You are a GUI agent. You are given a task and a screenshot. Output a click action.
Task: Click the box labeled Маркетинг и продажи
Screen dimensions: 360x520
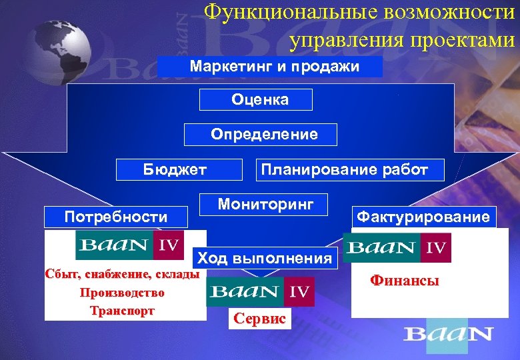click(271, 67)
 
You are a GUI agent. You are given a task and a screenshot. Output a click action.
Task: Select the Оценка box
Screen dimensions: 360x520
click(257, 100)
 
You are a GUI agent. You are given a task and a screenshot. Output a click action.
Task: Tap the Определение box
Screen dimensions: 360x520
click(261, 135)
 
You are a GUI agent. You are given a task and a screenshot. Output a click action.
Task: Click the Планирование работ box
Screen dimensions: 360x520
click(344, 170)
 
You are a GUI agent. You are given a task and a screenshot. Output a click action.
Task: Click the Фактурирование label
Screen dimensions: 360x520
click(423, 217)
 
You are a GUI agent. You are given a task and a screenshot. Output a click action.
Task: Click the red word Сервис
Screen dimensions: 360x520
click(260, 319)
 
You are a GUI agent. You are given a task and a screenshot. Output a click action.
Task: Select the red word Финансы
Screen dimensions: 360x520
click(405, 281)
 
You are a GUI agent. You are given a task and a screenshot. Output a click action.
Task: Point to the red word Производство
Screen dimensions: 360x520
click(122, 293)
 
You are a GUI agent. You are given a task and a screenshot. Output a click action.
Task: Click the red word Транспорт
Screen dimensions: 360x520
click(122, 311)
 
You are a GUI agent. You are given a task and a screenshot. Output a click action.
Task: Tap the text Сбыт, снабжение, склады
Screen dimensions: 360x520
click(121, 274)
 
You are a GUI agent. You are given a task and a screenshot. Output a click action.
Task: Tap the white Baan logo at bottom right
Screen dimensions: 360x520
click(448, 334)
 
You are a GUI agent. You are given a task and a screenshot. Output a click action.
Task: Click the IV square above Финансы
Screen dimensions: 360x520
click(435, 248)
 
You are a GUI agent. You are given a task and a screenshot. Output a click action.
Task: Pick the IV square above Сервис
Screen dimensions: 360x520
click(299, 291)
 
